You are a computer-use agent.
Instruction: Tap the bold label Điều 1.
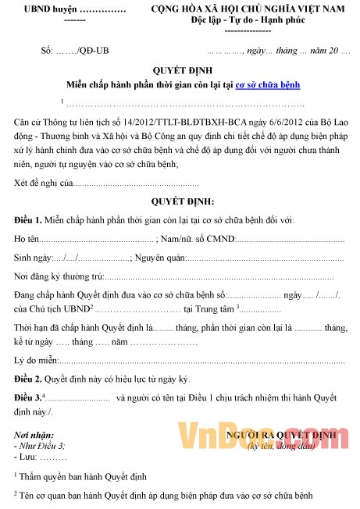[x=27, y=199]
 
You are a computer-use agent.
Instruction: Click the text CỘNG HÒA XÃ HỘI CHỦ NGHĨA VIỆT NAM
[x=247, y=9]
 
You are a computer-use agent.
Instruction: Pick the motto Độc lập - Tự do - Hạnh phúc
[x=247, y=20]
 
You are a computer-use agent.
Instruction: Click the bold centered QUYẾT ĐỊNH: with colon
[x=182, y=179]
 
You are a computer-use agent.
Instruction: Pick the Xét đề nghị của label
[x=43, y=161]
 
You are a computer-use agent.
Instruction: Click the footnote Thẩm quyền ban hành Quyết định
[x=78, y=475]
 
